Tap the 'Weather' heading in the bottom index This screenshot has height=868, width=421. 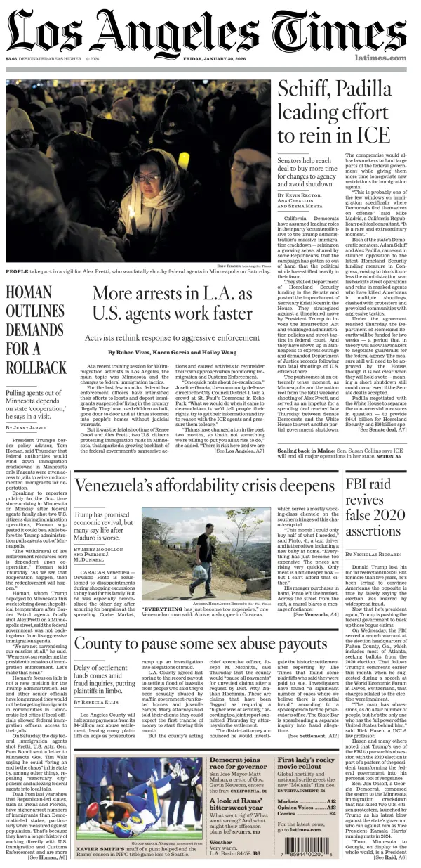click(220, 841)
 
